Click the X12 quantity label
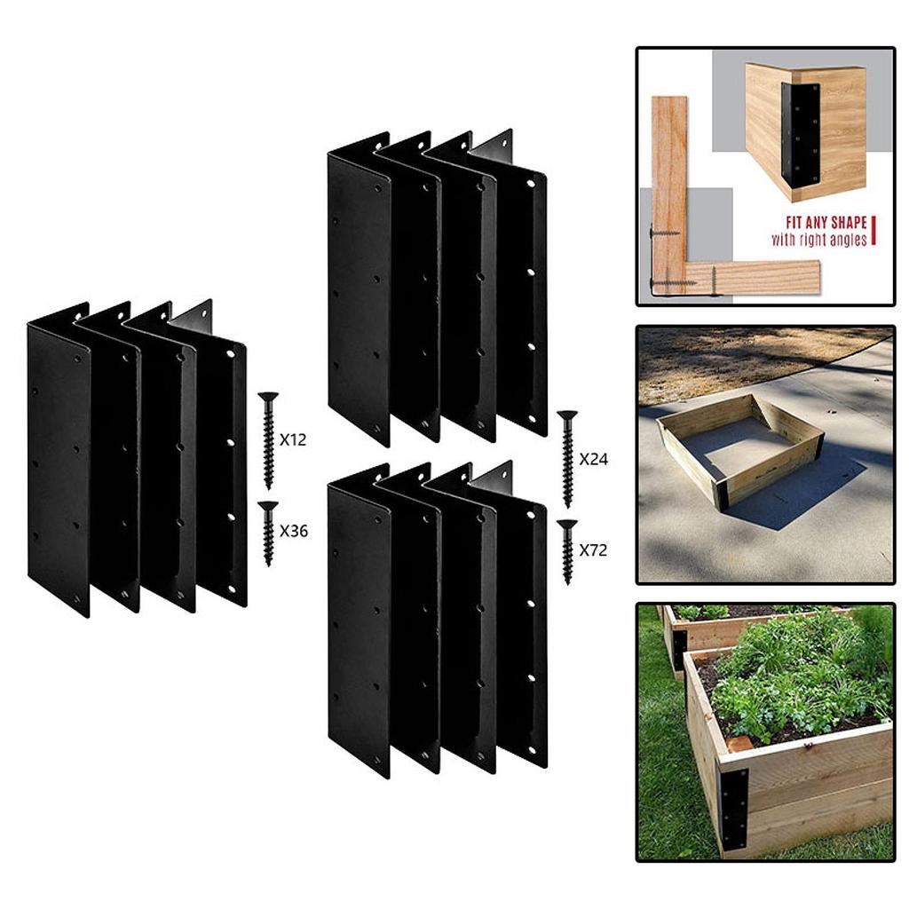pyautogui.click(x=293, y=440)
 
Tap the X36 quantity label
pyautogui.click(x=294, y=531)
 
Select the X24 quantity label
pyautogui.click(x=594, y=459)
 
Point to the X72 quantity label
pyautogui.click(x=593, y=549)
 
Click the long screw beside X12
pyautogui.click(x=268, y=440)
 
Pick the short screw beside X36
pyautogui.click(x=268, y=534)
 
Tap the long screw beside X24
pyautogui.click(x=567, y=459)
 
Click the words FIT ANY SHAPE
pyautogui.click(x=826, y=223)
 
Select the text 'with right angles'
pyautogui.click(x=818, y=240)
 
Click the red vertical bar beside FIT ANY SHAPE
pyautogui.click(x=873, y=230)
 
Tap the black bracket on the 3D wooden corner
pyautogui.click(x=800, y=133)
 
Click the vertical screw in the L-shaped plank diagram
pyautogui.click(x=714, y=281)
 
